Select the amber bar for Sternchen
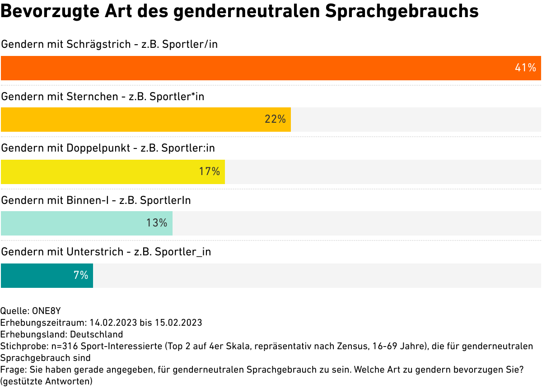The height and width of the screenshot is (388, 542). (135, 120)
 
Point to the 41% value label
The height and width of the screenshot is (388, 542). (525, 68)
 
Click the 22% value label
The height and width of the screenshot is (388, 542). (275, 120)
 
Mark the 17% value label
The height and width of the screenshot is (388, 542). (209, 172)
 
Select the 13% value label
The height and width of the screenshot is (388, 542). (157, 223)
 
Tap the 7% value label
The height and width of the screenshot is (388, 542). (81, 275)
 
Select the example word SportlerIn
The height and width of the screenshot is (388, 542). (165, 200)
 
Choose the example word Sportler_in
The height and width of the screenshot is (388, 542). (183, 252)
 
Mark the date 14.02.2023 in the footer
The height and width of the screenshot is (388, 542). (113, 323)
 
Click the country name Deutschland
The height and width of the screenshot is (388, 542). (97, 334)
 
